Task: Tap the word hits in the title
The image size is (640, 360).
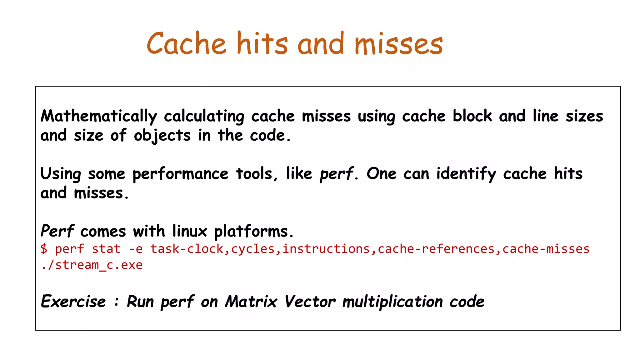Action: (x=262, y=44)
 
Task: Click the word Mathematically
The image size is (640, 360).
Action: (x=99, y=116)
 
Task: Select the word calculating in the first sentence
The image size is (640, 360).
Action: (x=204, y=116)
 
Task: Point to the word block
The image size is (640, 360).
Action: (x=472, y=116)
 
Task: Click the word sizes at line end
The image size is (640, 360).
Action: (x=584, y=116)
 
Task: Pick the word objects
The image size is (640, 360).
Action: (x=162, y=136)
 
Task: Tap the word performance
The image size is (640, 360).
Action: (x=180, y=174)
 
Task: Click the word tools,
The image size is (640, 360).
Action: (x=257, y=173)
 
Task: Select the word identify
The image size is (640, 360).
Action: (x=466, y=174)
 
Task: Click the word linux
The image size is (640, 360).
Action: (x=190, y=231)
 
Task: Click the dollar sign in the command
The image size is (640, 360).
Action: (x=44, y=249)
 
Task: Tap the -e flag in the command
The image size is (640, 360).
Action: (x=136, y=249)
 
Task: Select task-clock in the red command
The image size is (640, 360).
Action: (x=187, y=249)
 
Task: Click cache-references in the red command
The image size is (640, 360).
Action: (x=436, y=249)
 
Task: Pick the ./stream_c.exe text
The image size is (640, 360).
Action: (x=92, y=265)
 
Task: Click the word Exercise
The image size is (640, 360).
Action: (x=74, y=302)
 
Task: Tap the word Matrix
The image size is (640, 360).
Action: (x=251, y=302)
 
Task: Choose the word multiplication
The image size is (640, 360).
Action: (x=392, y=302)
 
